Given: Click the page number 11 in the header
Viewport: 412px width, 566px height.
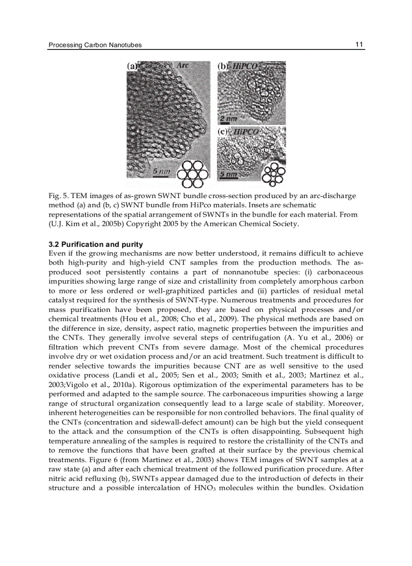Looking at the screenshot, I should click(359, 44).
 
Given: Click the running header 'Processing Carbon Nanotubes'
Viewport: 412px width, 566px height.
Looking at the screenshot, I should click(95, 45).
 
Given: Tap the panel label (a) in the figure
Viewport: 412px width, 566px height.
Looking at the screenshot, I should click(132, 66).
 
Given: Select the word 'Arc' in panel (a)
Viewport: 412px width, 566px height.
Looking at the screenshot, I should click(182, 66).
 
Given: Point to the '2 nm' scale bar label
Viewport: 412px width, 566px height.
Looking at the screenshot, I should click(228, 119).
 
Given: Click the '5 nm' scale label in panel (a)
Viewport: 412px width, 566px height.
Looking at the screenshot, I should click(162, 171).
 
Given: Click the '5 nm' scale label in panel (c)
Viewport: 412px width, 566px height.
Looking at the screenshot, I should click(228, 174).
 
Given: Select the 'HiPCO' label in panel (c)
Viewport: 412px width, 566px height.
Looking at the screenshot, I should click(245, 132).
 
